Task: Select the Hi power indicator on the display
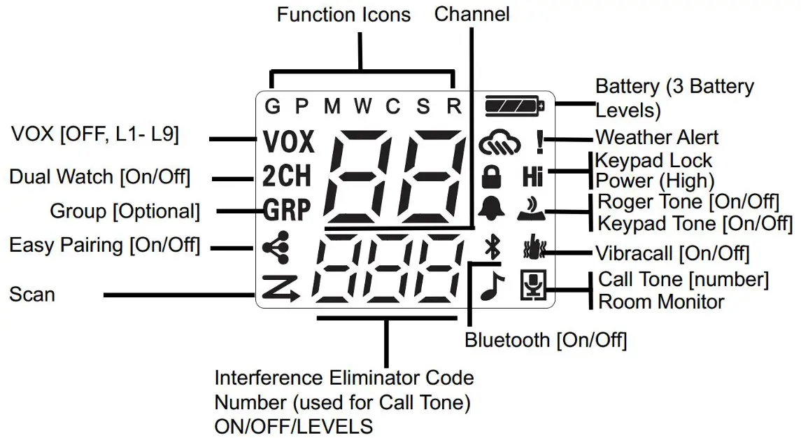point(533,177)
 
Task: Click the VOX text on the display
point(289,143)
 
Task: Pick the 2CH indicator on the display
point(287,177)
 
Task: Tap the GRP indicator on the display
point(288,210)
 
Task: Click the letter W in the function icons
point(362,106)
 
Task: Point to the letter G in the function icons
point(272,106)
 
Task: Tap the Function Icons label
point(343,14)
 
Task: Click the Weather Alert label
point(656,136)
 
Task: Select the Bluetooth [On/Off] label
point(546,341)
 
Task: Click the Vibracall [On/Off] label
point(672,253)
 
